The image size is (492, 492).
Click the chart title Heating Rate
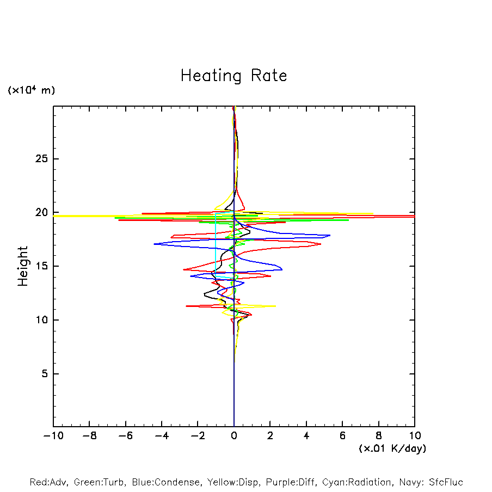233,76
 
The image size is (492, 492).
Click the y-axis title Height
23,266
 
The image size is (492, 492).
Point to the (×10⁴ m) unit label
31,90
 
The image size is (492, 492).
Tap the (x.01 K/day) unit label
392,448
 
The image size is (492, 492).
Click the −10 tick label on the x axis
53,436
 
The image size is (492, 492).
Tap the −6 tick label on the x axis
125,436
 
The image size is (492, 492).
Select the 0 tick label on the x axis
234,436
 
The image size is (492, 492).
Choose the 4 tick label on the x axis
306,436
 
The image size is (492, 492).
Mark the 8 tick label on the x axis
379,436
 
